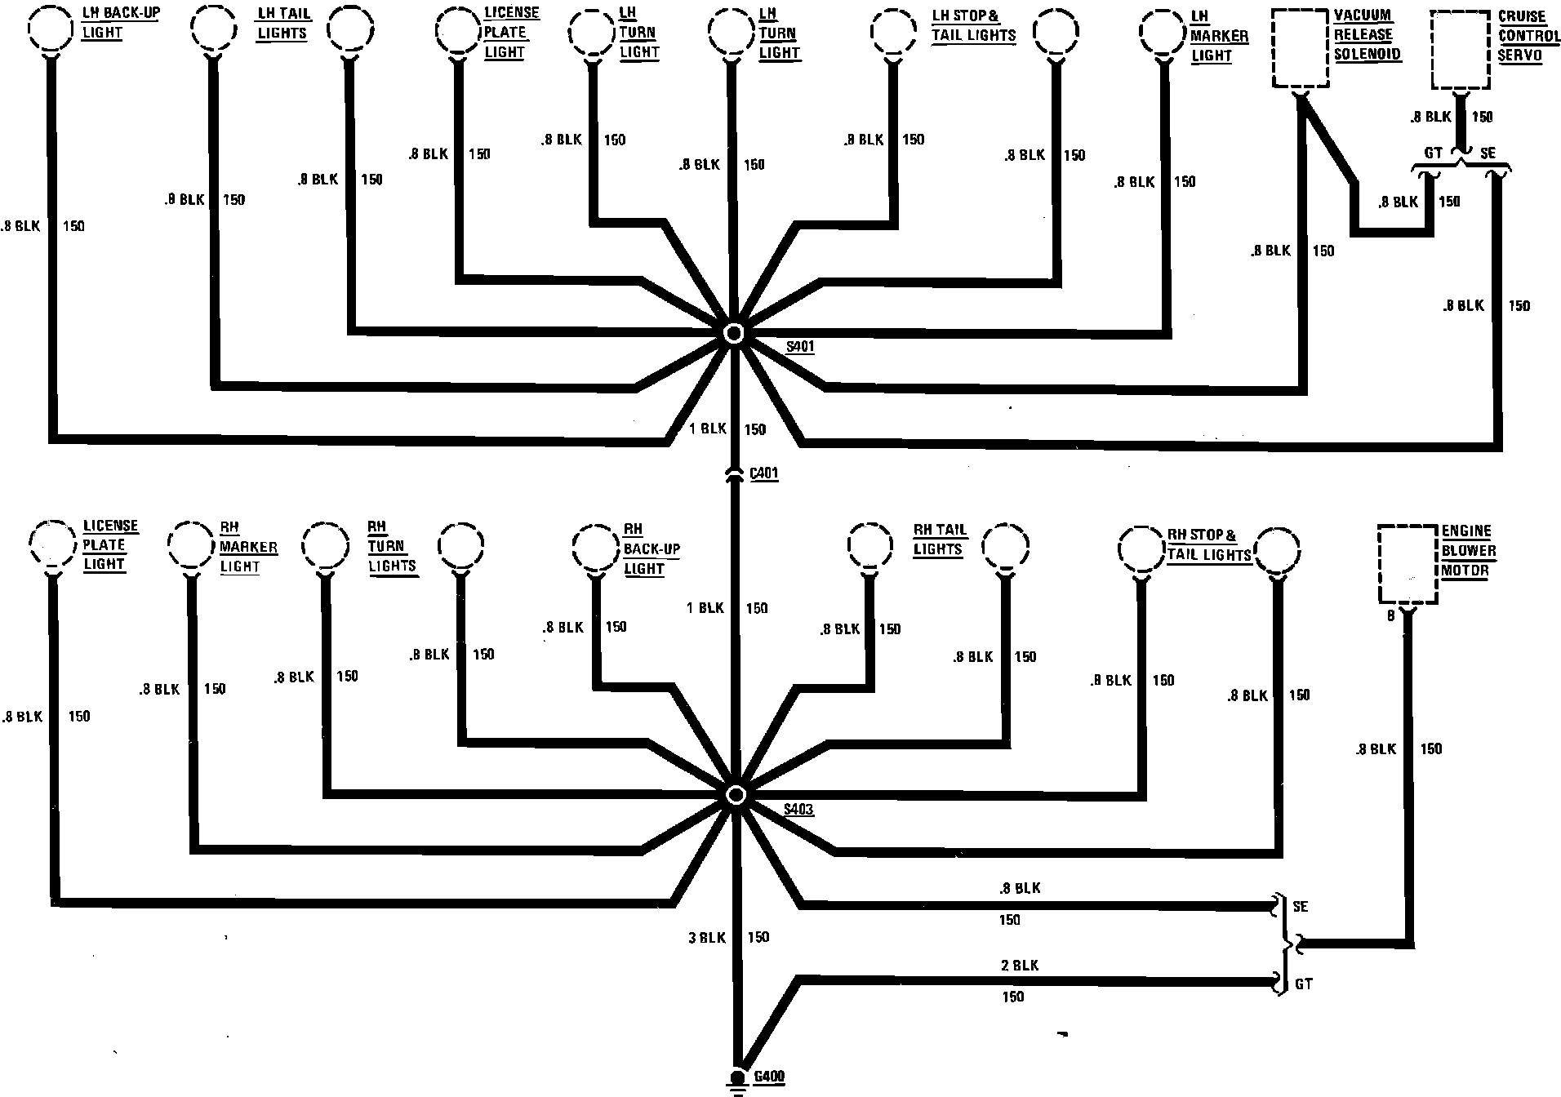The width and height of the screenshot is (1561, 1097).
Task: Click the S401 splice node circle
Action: tap(734, 333)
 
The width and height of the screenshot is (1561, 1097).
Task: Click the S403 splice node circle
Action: tap(735, 795)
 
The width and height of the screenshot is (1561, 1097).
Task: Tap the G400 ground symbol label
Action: tap(769, 1077)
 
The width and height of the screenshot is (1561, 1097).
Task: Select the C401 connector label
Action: tap(763, 473)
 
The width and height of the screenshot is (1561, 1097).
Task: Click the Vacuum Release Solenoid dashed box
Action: tap(1301, 49)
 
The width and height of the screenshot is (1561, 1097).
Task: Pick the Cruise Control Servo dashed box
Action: tap(1461, 50)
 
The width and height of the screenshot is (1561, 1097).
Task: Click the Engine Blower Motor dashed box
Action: tap(1408, 564)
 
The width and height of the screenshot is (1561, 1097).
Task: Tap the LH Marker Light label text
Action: tap(1219, 36)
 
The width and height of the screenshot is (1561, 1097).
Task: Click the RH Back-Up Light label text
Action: tap(652, 548)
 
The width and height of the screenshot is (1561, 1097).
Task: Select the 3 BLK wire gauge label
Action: tap(707, 938)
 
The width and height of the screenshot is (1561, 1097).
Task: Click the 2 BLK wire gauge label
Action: tap(1020, 966)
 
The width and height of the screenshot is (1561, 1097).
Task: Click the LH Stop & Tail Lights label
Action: tap(973, 26)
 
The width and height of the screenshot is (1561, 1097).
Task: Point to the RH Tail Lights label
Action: tap(940, 540)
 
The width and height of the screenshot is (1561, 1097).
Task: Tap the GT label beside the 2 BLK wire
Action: tap(1304, 984)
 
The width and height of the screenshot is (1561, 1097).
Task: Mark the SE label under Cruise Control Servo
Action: tap(1488, 153)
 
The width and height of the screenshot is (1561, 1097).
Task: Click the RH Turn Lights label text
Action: tap(392, 546)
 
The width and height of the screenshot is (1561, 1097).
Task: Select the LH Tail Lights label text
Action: tap(282, 24)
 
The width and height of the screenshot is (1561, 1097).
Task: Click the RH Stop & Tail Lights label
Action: tap(1209, 545)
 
